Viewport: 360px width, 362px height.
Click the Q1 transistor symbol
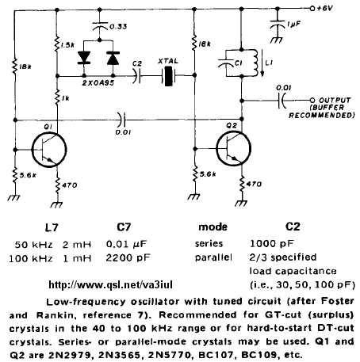click(x=49, y=150)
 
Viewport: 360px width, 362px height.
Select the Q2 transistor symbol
click(x=233, y=149)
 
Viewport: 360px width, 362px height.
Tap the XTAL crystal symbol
click(x=168, y=76)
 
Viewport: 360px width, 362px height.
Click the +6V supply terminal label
click(x=324, y=9)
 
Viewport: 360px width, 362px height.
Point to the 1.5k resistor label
click(x=67, y=45)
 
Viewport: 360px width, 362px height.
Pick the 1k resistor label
click(x=65, y=98)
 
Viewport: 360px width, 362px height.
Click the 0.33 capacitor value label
click(x=118, y=26)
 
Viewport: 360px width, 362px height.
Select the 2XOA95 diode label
click(x=98, y=83)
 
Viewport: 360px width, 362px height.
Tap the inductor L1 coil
click(x=255, y=63)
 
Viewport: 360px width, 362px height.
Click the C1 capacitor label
click(x=238, y=63)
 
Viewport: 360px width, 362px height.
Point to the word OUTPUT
click(x=335, y=101)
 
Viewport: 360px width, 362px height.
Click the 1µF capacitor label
click(x=294, y=25)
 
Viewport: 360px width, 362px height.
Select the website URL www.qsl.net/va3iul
click(x=111, y=285)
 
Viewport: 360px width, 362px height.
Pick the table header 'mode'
click(x=213, y=227)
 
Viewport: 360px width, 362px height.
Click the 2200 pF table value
click(x=128, y=257)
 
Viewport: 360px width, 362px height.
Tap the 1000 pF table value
click(x=272, y=244)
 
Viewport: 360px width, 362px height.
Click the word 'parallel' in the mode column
click(x=213, y=257)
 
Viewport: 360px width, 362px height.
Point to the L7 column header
click(x=52, y=227)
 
